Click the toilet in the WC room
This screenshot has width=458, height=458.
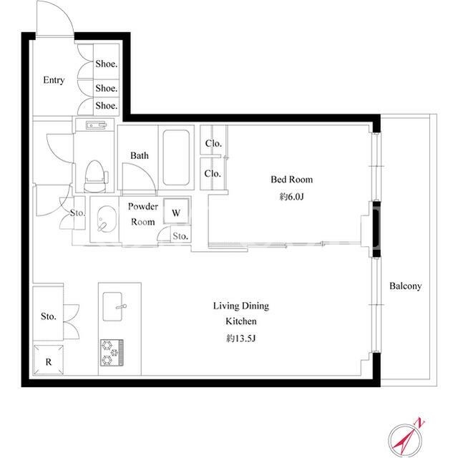point(95,177)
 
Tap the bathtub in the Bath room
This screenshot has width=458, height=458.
point(176,157)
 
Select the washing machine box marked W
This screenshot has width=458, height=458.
point(176,212)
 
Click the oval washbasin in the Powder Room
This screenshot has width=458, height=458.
point(107,219)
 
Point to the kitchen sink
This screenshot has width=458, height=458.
point(113,306)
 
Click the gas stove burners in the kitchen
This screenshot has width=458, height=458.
point(112,353)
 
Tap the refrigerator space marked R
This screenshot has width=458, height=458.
point(49,360)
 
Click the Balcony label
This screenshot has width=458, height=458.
point(406,286)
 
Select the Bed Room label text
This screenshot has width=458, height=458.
point(291,180)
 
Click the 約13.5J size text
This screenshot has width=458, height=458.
point(241,338)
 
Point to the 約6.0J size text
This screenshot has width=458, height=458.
point(291,197)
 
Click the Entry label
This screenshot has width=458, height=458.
point(54,80)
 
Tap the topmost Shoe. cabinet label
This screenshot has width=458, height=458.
point(107,64)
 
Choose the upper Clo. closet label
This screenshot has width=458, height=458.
point(213,143)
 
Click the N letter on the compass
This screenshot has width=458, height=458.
point(420,422)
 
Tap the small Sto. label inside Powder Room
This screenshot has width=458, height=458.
point(180,236)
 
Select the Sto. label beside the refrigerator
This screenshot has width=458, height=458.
point(49,316)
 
